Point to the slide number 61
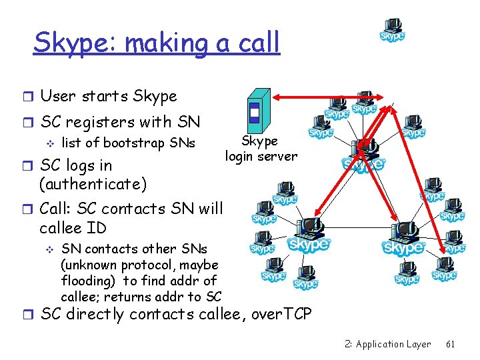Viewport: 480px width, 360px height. click(x=450, y=344)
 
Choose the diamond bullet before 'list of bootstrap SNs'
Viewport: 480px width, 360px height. click(x=47, y=143)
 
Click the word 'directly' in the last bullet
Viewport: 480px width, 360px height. click(x=105, y=314)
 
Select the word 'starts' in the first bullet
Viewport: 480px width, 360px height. click(x=105, y=96)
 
